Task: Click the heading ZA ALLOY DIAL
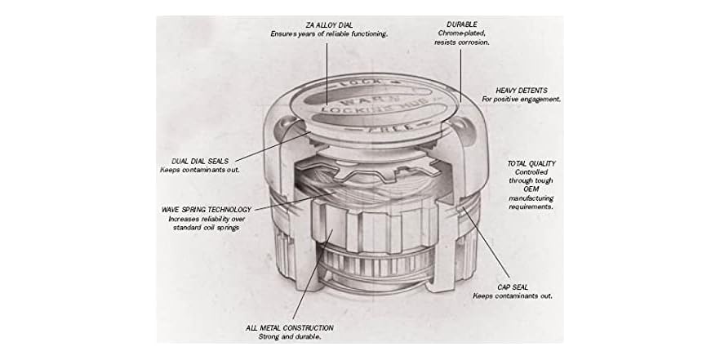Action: coord(329,25)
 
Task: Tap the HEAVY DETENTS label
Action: coord(521,90)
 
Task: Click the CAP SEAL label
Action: coord(511,287)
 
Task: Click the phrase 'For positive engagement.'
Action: coord(522,99)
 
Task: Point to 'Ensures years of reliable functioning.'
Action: coord(329,33)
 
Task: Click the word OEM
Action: coord(531,189)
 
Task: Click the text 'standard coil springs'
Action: coord(206,228)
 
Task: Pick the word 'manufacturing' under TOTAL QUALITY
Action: coord(531,198)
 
